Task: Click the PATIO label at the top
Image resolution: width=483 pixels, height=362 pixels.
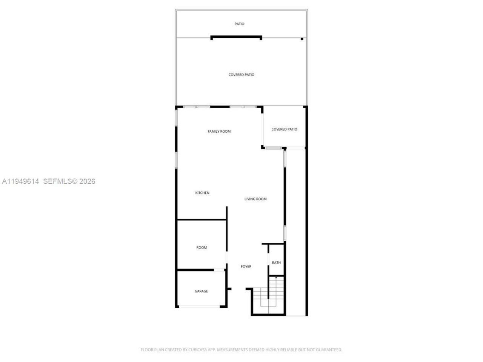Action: pos(239,24)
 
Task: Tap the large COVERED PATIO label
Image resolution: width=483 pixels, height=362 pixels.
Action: pos(241,75)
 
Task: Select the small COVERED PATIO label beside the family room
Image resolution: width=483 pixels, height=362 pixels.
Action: pos(284,129)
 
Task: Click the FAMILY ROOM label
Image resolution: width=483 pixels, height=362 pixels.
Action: pos(219,131)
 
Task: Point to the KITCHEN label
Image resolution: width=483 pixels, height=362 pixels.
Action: pos(202,193)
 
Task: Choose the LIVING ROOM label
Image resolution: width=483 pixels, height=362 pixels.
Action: pos(255,199)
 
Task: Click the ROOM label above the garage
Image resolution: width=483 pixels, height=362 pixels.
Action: pos(202,247)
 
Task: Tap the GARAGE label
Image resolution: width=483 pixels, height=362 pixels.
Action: pos(201,291)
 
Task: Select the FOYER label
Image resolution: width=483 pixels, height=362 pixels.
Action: pos(246,266)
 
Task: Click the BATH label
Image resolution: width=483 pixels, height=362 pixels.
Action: pos(276,262)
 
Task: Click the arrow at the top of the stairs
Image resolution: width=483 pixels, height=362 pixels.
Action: pos(276,278)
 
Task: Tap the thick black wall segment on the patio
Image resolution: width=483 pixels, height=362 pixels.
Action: pos(236,37)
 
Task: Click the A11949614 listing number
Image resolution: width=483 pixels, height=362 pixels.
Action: pos(21,181)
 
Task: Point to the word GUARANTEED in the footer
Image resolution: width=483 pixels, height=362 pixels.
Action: pos(329,350)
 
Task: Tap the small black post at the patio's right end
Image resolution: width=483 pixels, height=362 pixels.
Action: pos(302,38)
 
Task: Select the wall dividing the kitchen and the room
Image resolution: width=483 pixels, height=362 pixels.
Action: pos(202,219)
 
